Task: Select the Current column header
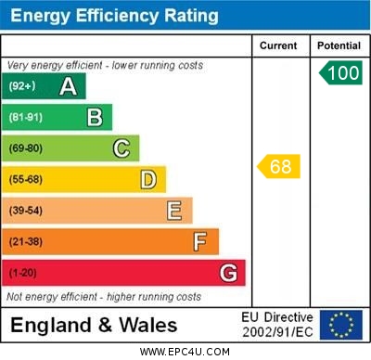[x=278, y=45]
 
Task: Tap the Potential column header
[x=339, y=45]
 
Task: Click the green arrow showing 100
[x=340, y=73]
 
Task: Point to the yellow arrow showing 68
[x=278, y=167]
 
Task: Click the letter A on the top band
[x=68, y=86]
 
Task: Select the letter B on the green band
[x=95, y=117]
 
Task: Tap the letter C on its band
[x=122, y=148]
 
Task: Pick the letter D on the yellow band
[x=148, y=179]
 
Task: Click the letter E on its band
[x=174, y=211]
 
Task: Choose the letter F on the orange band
[x=200, y=242]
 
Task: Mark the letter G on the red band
[x=228, y=274]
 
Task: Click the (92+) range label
[x=22, y=86]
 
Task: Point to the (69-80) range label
[x=26, y=148]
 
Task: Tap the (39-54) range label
[x=26, y=211]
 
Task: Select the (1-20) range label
[x=23, y=274]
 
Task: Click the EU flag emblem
[x=341, y=325]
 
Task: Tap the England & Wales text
[x=94, y=326]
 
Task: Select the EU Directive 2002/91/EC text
[x=277, y=325]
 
